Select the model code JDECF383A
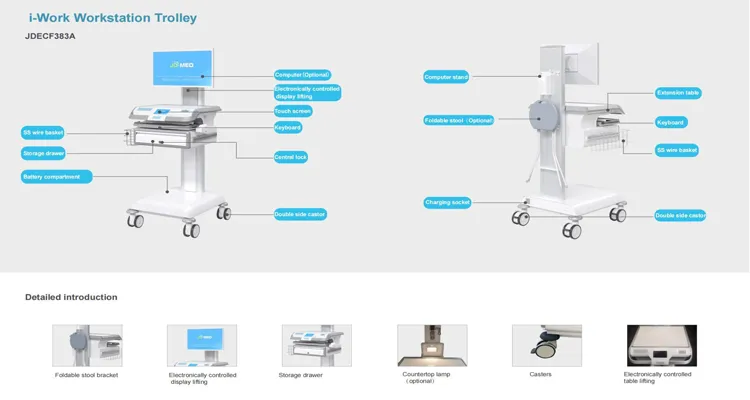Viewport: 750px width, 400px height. [x=50, y=36]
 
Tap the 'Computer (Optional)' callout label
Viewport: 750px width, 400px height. [x=303, y=74]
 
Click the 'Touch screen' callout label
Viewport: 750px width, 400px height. [x=292, y=111]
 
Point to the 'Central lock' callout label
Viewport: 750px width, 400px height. [x=291, y=157]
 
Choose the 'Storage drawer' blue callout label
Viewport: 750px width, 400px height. [x=43, y=153]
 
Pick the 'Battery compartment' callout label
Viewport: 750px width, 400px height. [x=57, y=176]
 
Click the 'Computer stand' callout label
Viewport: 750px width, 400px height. [x=446, y=77]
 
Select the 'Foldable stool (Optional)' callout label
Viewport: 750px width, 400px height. [x=459, y=120]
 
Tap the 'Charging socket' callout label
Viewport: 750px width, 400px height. [x=447, y=202]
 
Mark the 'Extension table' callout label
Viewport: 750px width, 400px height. [x=678, y=93]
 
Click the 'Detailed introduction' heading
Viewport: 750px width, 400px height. [x=71, y=297]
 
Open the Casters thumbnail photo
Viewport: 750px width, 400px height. [x=547, y=345]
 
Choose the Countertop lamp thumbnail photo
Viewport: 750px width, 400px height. [x=432, y=345]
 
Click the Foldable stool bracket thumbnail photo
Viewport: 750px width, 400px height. [x=87, y=345]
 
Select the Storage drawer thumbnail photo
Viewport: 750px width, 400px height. [x=316, y=345]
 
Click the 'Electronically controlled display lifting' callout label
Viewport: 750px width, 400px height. [x=308, y=92]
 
